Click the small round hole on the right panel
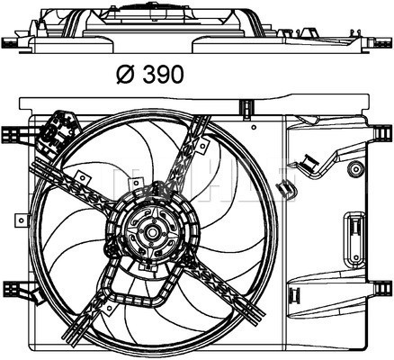tap(356, 167)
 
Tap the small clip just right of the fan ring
tap(286, 187)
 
